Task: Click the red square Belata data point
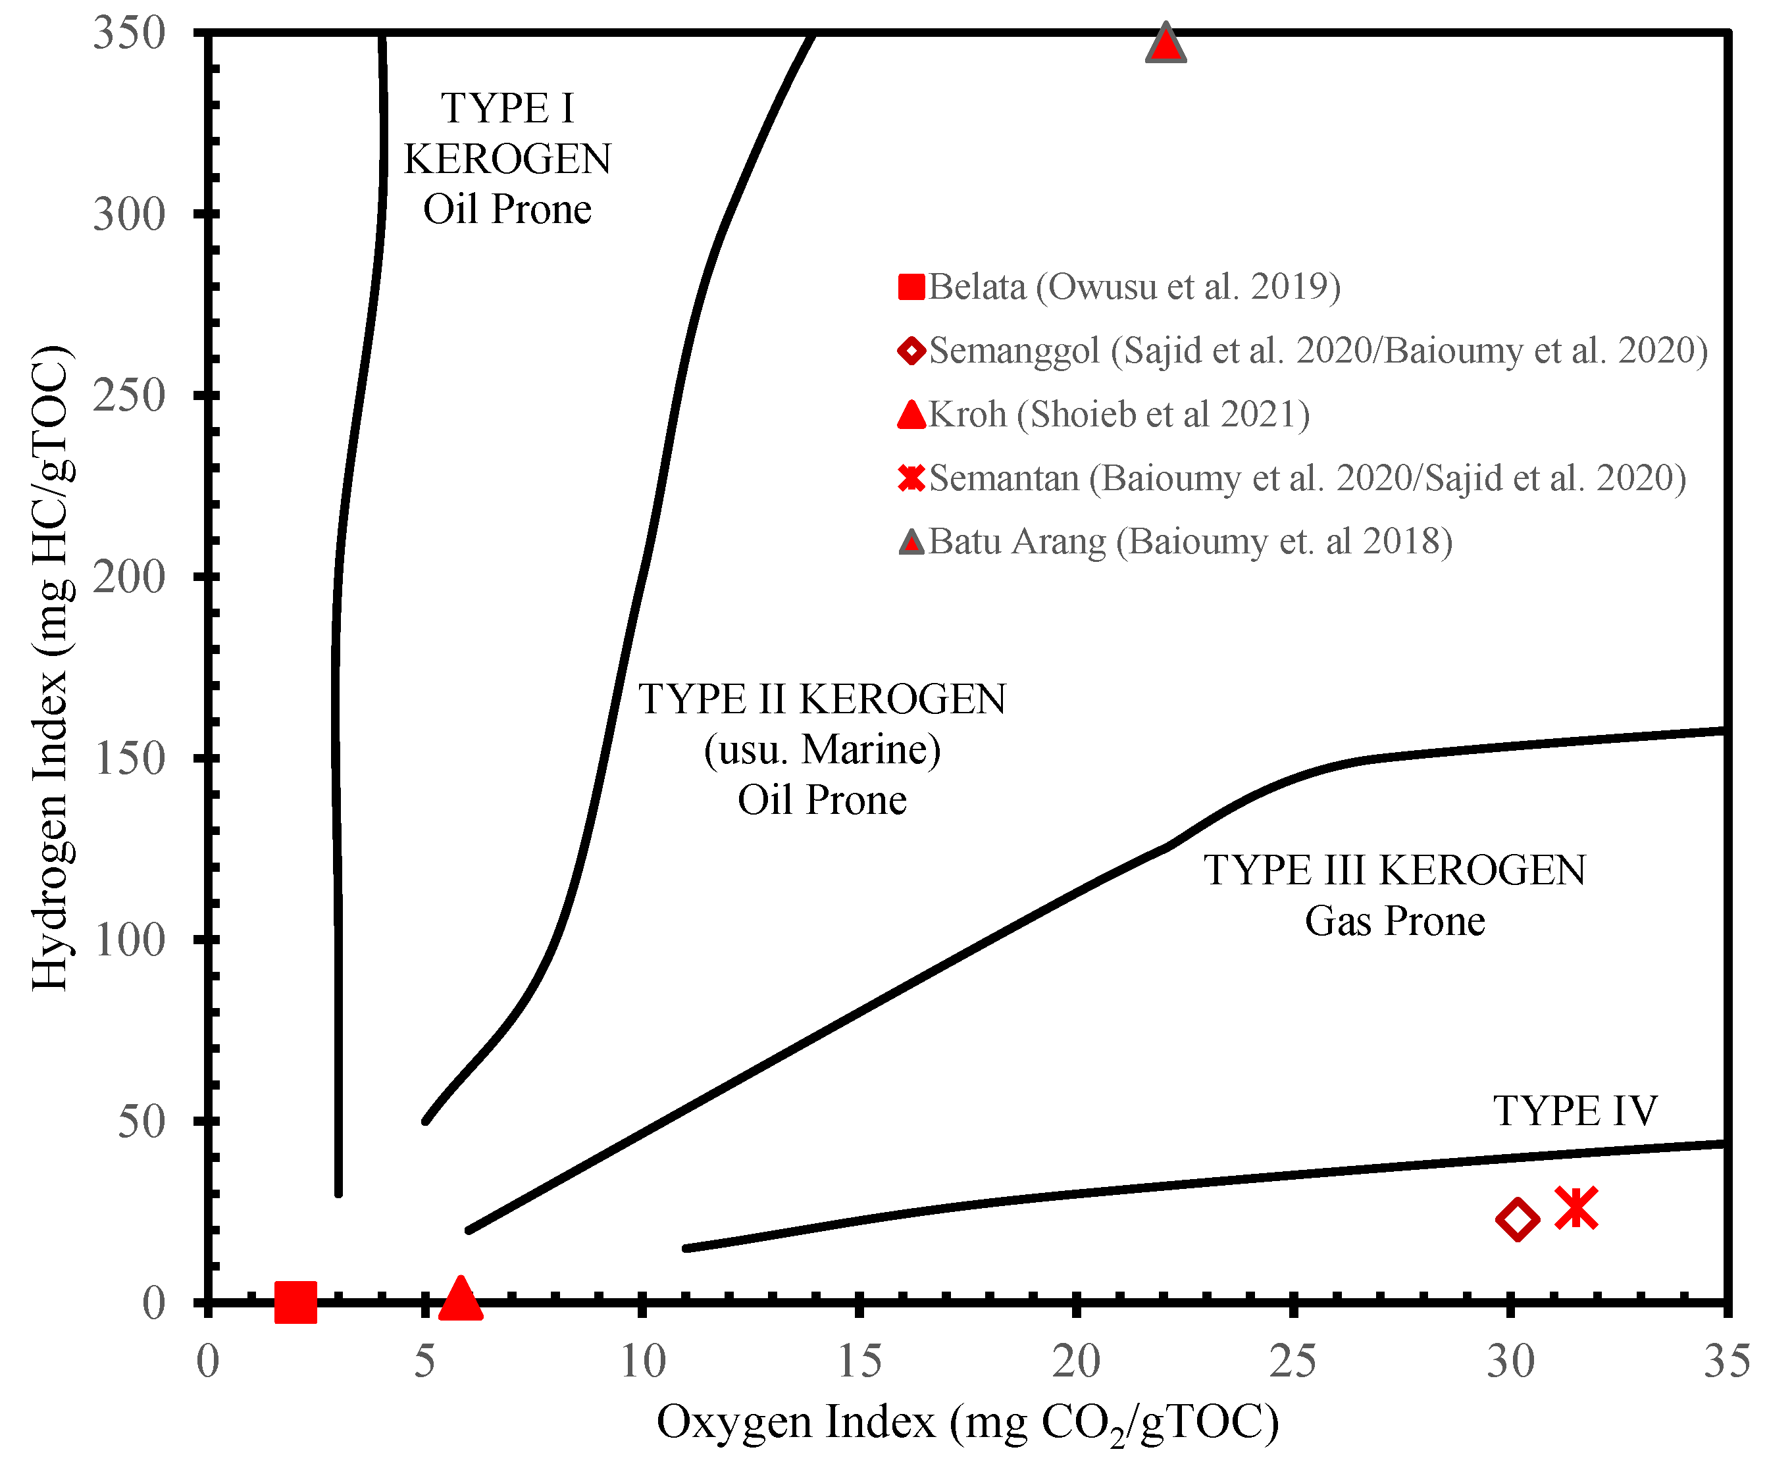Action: point(295,1302)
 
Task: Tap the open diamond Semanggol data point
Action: point(1517,1219)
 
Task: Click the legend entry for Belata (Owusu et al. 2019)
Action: point(1119,287)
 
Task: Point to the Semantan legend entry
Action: point(1292,478)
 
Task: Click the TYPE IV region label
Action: point(1575,1111)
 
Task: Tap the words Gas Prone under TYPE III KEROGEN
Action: point(1395,921)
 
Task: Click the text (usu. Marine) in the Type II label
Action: point(822,749)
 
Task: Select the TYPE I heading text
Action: point(507,109)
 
